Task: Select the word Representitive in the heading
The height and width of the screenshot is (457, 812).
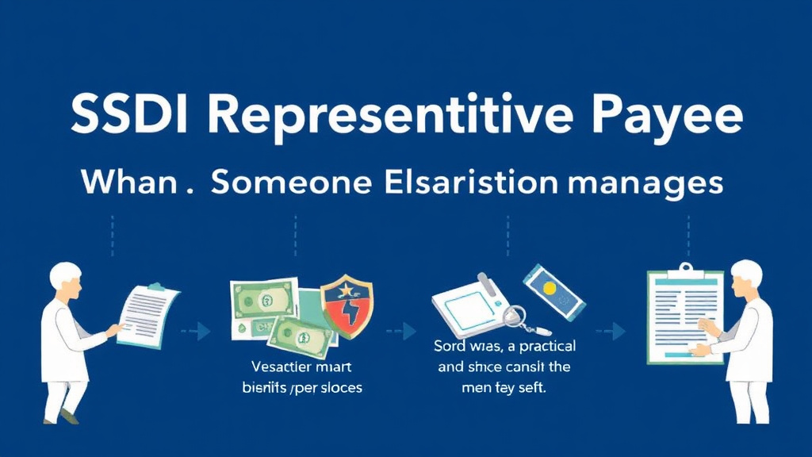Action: coord(383,117)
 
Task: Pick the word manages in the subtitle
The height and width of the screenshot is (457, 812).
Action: coord(647,182)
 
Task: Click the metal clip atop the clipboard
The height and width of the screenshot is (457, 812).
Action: coord(685,268)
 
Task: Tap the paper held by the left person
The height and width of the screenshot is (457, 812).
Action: coord(148,313)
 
